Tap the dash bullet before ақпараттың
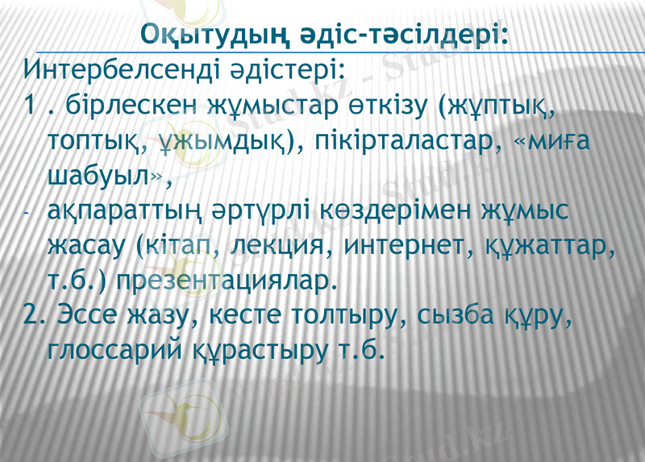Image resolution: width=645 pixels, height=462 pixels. [x=27, y=214]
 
